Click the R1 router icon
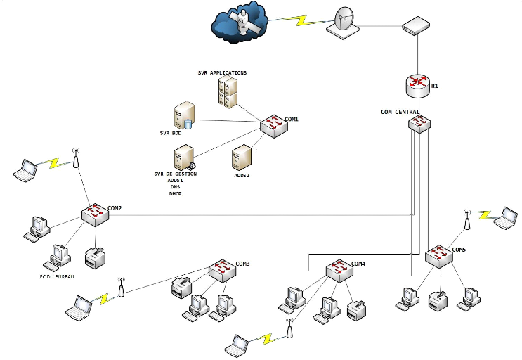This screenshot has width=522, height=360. coord(419,84)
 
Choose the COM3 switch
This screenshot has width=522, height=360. coord(223,269)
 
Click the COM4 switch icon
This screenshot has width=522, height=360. coord(339,269)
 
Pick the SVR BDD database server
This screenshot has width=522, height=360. coord(184,115)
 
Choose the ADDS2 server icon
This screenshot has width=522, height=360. coord(242,157)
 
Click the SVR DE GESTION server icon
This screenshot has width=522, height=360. coord(184,157)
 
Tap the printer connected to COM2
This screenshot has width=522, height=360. coord(95,257)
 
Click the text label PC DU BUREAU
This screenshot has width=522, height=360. coord(58,276)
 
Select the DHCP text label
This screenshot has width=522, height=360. coord(175,193)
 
